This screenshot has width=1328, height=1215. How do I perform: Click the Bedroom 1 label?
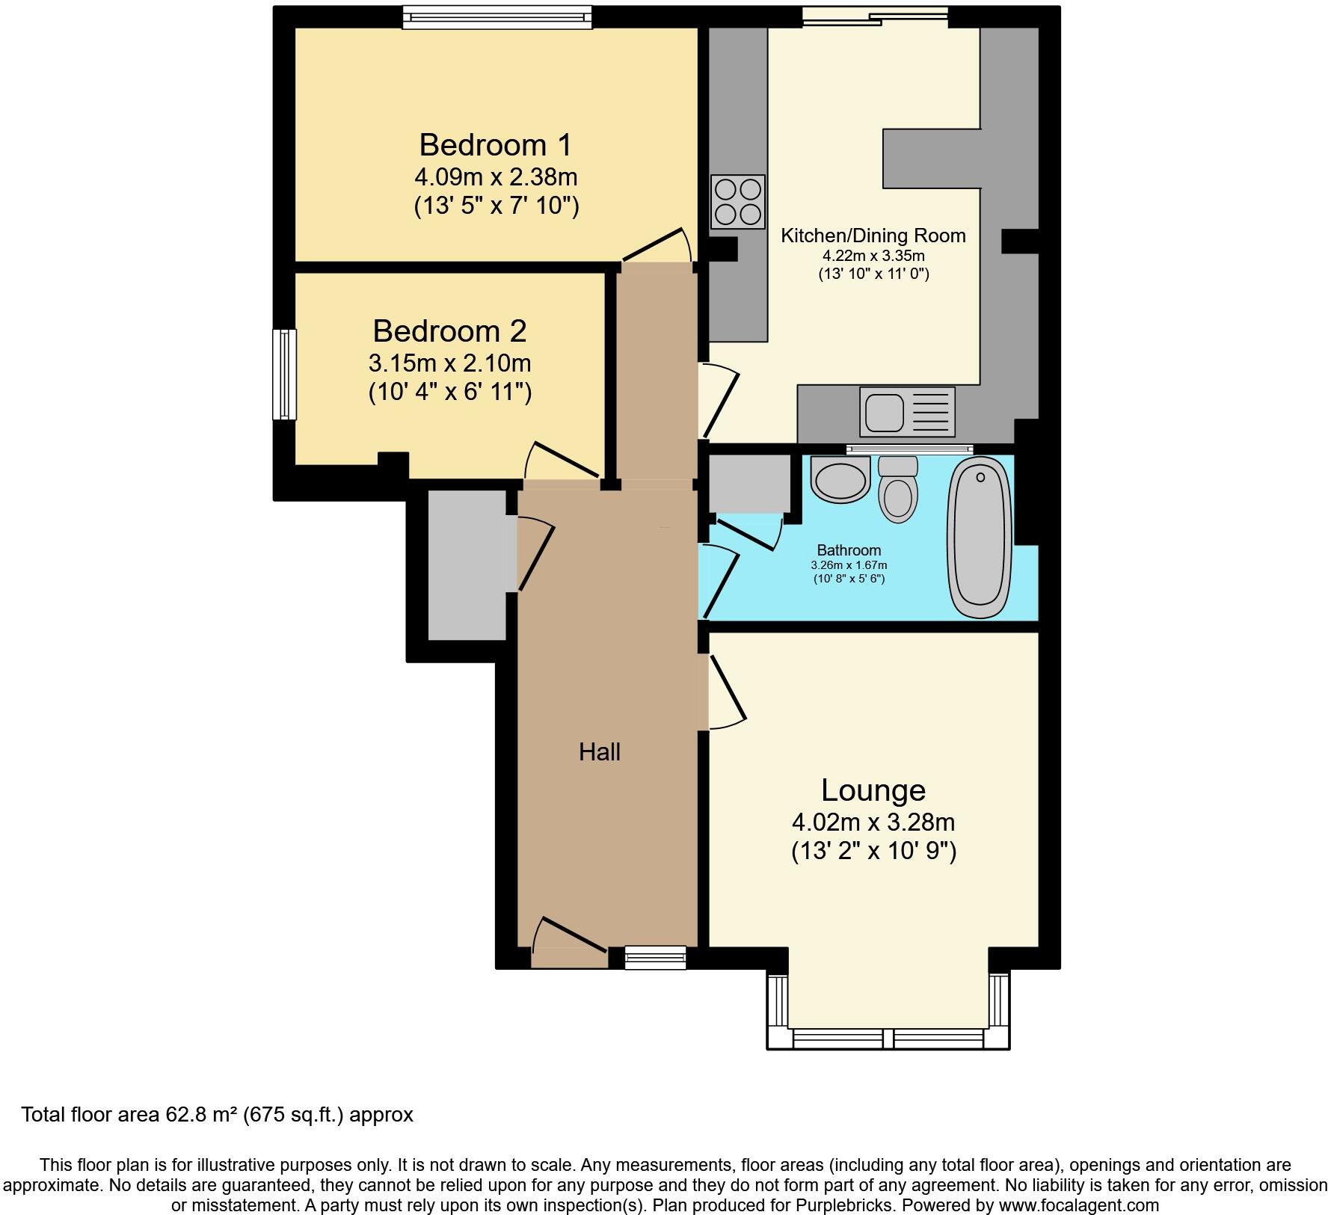(495, 144)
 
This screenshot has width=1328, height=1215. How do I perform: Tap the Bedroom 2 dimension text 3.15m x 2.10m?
(449, 363)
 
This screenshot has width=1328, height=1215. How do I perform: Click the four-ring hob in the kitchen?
(738, 201)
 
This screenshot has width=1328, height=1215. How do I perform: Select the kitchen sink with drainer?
(907, 412)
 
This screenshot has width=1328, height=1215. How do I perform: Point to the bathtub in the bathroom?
(980, 537)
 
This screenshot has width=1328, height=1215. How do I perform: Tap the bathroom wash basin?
(840, 481)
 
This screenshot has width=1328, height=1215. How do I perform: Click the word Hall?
(599, 752)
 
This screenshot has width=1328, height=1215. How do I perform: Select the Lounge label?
(873, 790)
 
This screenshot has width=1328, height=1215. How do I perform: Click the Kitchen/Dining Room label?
(873, 236)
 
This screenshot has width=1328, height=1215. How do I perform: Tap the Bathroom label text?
(849, 550)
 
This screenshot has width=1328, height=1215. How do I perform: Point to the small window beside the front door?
(655, 958)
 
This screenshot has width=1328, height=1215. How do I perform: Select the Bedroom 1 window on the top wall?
(497, 17)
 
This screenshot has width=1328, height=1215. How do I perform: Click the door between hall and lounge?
(725, 692)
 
